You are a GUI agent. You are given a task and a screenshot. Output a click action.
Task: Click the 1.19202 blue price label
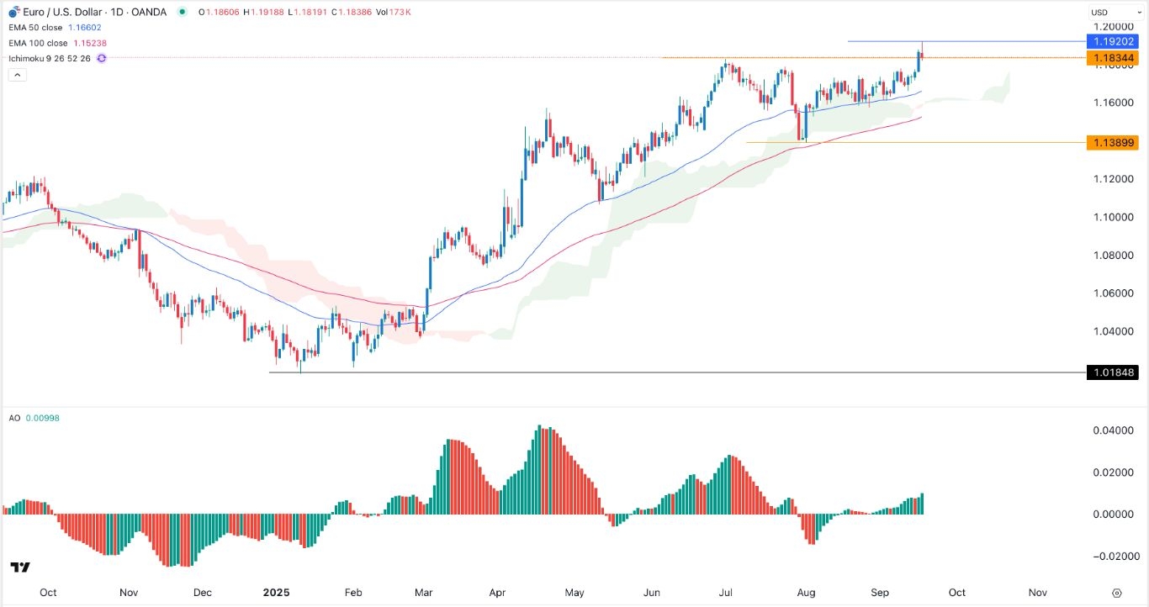coord(1112,41)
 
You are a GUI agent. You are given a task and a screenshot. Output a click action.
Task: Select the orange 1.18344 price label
coord(1112,57)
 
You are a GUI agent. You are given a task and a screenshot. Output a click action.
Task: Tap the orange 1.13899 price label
coord(1112,143)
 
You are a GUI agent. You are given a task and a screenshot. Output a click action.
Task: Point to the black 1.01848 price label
coord(1112,372)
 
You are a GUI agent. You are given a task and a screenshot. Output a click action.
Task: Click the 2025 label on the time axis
coord(276,592)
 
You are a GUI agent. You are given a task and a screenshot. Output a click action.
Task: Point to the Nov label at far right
coord(1037,592)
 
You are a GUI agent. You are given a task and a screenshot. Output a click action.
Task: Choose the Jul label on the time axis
coord(724,592)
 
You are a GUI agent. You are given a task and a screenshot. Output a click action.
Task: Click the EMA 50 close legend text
coord(43,28)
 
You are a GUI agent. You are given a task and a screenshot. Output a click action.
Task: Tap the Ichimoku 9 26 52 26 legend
coord(50,58)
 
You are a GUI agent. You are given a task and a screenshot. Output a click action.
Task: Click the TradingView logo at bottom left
coord(20,568)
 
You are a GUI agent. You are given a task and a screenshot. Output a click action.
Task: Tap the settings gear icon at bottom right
coord(1116,592)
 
